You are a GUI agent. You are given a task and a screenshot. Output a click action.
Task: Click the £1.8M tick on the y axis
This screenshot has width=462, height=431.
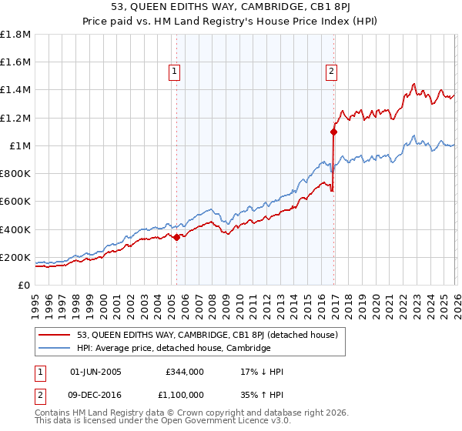click(17, 35)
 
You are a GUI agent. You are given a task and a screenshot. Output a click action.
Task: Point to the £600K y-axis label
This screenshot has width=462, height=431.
click(17, 202)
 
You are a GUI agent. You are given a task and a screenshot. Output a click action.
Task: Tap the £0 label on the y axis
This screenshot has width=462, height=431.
click(25, 285)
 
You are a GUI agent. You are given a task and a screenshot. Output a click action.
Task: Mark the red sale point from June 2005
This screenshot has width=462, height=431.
click(176, 237)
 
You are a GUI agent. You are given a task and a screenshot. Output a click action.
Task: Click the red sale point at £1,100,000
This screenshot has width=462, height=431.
click(334, 132)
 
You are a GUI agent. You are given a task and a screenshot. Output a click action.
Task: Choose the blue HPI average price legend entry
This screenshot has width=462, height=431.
click(173, 348)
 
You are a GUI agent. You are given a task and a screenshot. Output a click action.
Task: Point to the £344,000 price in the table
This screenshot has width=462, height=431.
click(184, 372)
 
